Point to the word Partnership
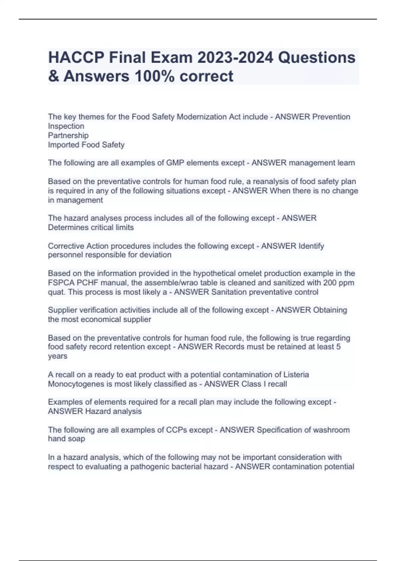coord(68,135)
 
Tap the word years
coord(57,356)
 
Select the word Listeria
coord(296,375)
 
